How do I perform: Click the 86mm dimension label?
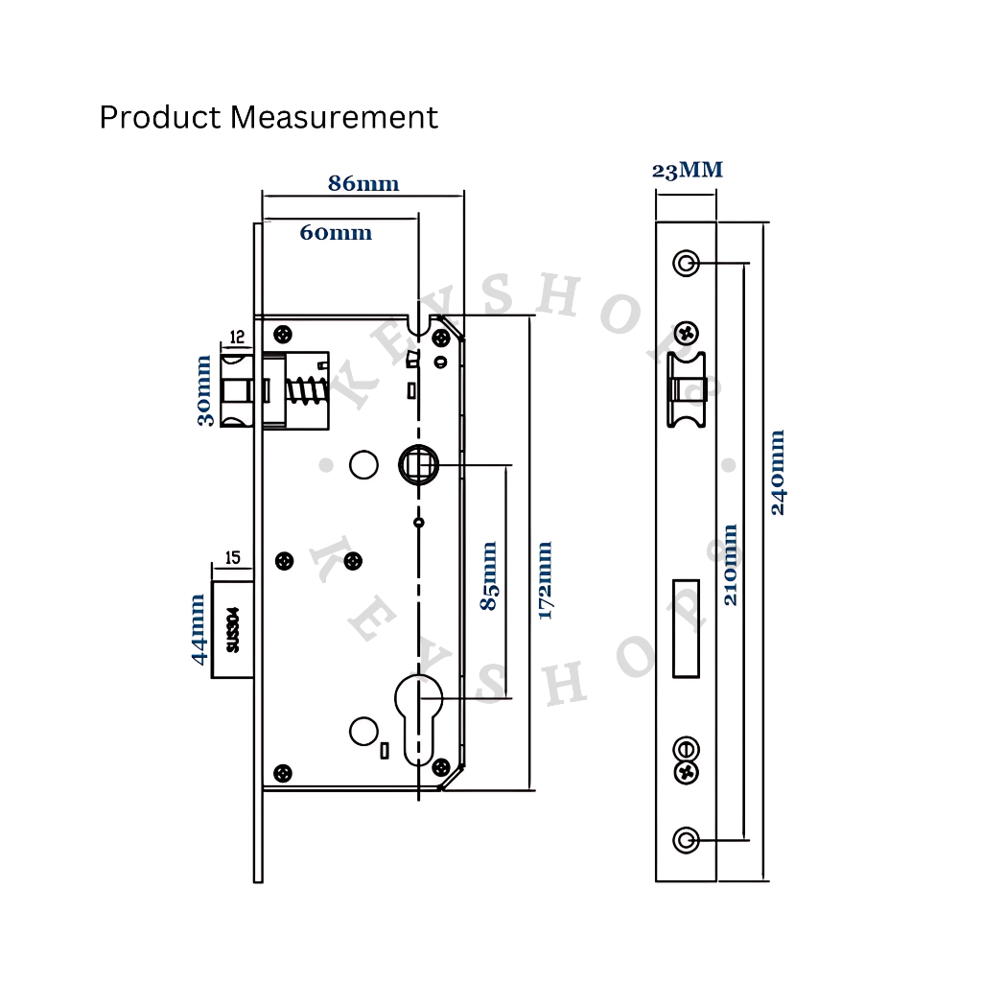coord(363,183)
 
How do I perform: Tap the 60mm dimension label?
coord(336,232)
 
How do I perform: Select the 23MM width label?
coord(687,171)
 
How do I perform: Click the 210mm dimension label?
coord(731,564)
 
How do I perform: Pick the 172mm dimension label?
coord(545,580)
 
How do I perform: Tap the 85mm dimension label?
coord(489,576)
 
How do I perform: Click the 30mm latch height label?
coord(204,390)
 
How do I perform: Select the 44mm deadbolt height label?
coord(199,629)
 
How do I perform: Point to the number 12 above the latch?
coord(236,337)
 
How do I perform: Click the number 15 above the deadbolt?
coord(232,557)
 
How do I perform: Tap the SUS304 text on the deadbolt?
coord(231,630)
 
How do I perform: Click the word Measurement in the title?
coord(335,117)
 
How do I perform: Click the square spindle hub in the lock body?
coord(418,466)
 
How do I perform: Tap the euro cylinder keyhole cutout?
coord(418,714)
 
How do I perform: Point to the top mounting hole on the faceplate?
coord(685,262)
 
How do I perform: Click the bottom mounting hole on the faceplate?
coord(685,840)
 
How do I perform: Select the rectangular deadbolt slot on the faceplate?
coord(685,627)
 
